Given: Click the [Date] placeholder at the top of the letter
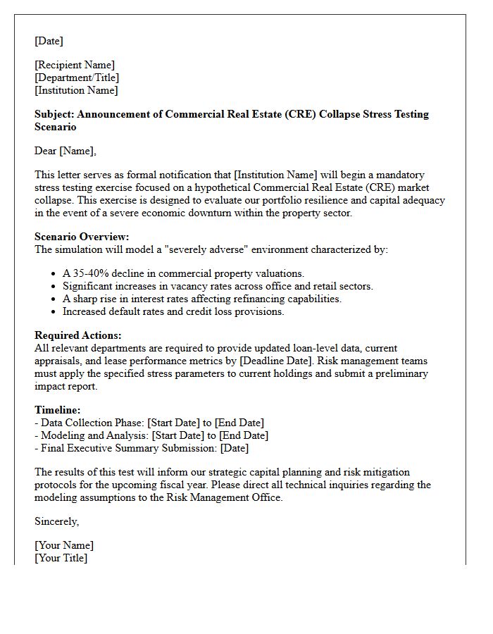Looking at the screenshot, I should pos(49,41).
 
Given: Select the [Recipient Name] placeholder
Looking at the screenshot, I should pos(75,65).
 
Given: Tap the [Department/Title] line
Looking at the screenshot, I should pos(77,77).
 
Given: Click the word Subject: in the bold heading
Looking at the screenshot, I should pos(54,114).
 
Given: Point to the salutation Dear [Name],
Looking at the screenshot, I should pos(65,151).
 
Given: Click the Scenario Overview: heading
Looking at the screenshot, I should pos(82,237).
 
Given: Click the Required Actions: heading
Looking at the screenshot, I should pos(77,335).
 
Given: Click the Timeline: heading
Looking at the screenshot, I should pos(58,410).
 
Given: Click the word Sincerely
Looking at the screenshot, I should pos(56,521).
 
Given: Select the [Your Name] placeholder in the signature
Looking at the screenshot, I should pos(64,545).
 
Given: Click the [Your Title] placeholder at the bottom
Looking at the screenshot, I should pos(61,558).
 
